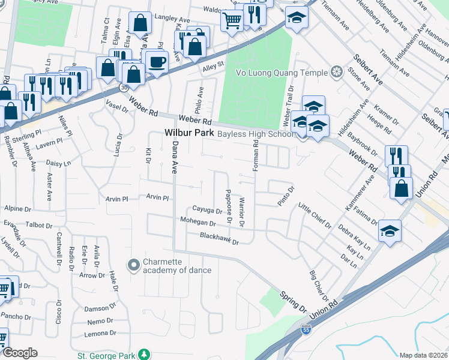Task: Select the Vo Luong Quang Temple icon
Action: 336,73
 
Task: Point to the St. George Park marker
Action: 143,355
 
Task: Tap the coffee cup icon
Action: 157,62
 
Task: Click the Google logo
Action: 20,352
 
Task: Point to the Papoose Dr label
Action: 229,206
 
